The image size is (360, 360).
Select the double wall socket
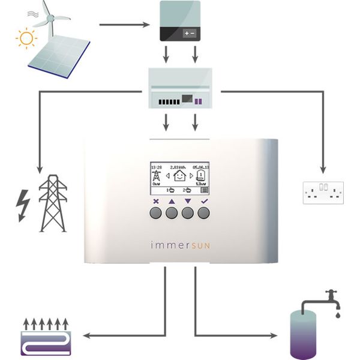(323, 191)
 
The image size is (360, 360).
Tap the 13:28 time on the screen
(156, 167)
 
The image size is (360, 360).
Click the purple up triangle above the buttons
(172, 202)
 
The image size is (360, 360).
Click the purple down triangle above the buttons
(188, 202)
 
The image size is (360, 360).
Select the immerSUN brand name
(180, 245)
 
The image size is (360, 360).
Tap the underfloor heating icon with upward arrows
(44, 337)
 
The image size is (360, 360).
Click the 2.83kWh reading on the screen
(178, 167)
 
